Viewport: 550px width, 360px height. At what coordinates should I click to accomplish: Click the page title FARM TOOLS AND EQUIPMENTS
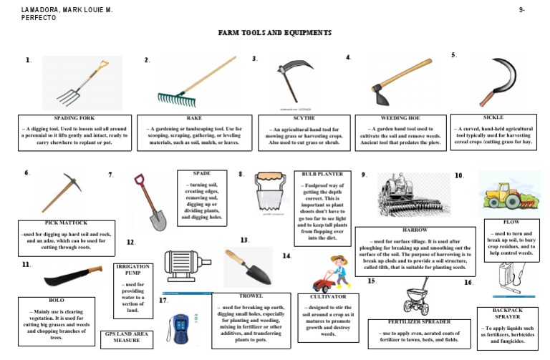point(275,33)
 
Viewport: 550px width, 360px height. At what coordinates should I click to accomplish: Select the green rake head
point(176,96)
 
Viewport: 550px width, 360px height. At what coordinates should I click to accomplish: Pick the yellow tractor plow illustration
point(508,193)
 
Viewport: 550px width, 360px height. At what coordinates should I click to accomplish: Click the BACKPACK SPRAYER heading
point(508,312)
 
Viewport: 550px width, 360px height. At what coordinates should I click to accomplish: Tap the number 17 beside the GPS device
point(163,301)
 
